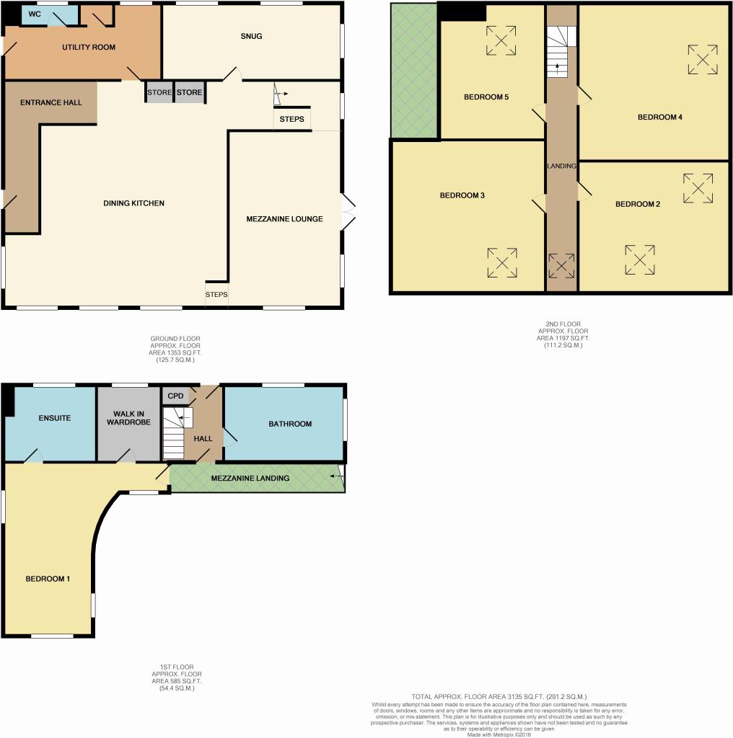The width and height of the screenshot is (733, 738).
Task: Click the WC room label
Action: coord(35,14)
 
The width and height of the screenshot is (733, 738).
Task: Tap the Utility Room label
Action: coord(89,47)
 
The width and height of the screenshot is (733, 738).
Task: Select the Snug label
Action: coord(251,36)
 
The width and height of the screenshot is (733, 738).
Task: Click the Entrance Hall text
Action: coord(51,102)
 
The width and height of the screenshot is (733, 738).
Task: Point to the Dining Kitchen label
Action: coord(133,203)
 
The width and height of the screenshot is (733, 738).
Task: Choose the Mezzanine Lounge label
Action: coord(284,219)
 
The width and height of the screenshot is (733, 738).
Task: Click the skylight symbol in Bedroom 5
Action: coord(501,40)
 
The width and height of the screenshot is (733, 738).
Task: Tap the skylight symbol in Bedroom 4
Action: coord(703,59)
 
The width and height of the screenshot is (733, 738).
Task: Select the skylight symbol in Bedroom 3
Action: coord(502,262)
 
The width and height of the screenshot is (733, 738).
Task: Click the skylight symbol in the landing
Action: coord(561,265)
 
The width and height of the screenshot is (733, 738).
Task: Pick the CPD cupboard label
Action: coord(175,396)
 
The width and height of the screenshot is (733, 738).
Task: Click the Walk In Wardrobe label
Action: coord(128,418)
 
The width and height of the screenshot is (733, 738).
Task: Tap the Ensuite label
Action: coord(55,418)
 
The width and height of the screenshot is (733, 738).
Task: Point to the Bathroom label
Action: coord(290,424)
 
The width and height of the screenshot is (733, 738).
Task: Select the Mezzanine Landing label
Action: coord(250,479)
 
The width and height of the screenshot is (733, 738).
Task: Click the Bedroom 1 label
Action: coord(48,579)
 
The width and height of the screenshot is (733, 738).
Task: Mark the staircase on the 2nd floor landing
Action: coord(561,52)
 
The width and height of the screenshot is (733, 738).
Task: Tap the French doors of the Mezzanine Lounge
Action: coord(348,212)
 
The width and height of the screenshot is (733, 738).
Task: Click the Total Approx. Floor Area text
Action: coord(499,697)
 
